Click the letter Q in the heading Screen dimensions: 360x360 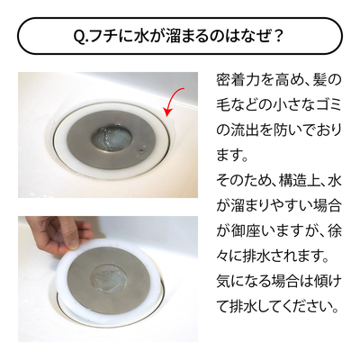[78, 36]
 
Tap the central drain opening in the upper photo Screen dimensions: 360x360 [112, 139]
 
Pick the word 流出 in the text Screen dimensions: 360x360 [247, 131]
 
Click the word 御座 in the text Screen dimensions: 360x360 [247, 232]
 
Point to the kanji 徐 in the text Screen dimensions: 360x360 [333, 232]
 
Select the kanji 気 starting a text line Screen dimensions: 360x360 [224, 283]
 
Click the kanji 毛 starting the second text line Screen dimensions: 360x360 [224, 106]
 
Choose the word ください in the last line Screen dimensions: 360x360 [301, 308]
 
